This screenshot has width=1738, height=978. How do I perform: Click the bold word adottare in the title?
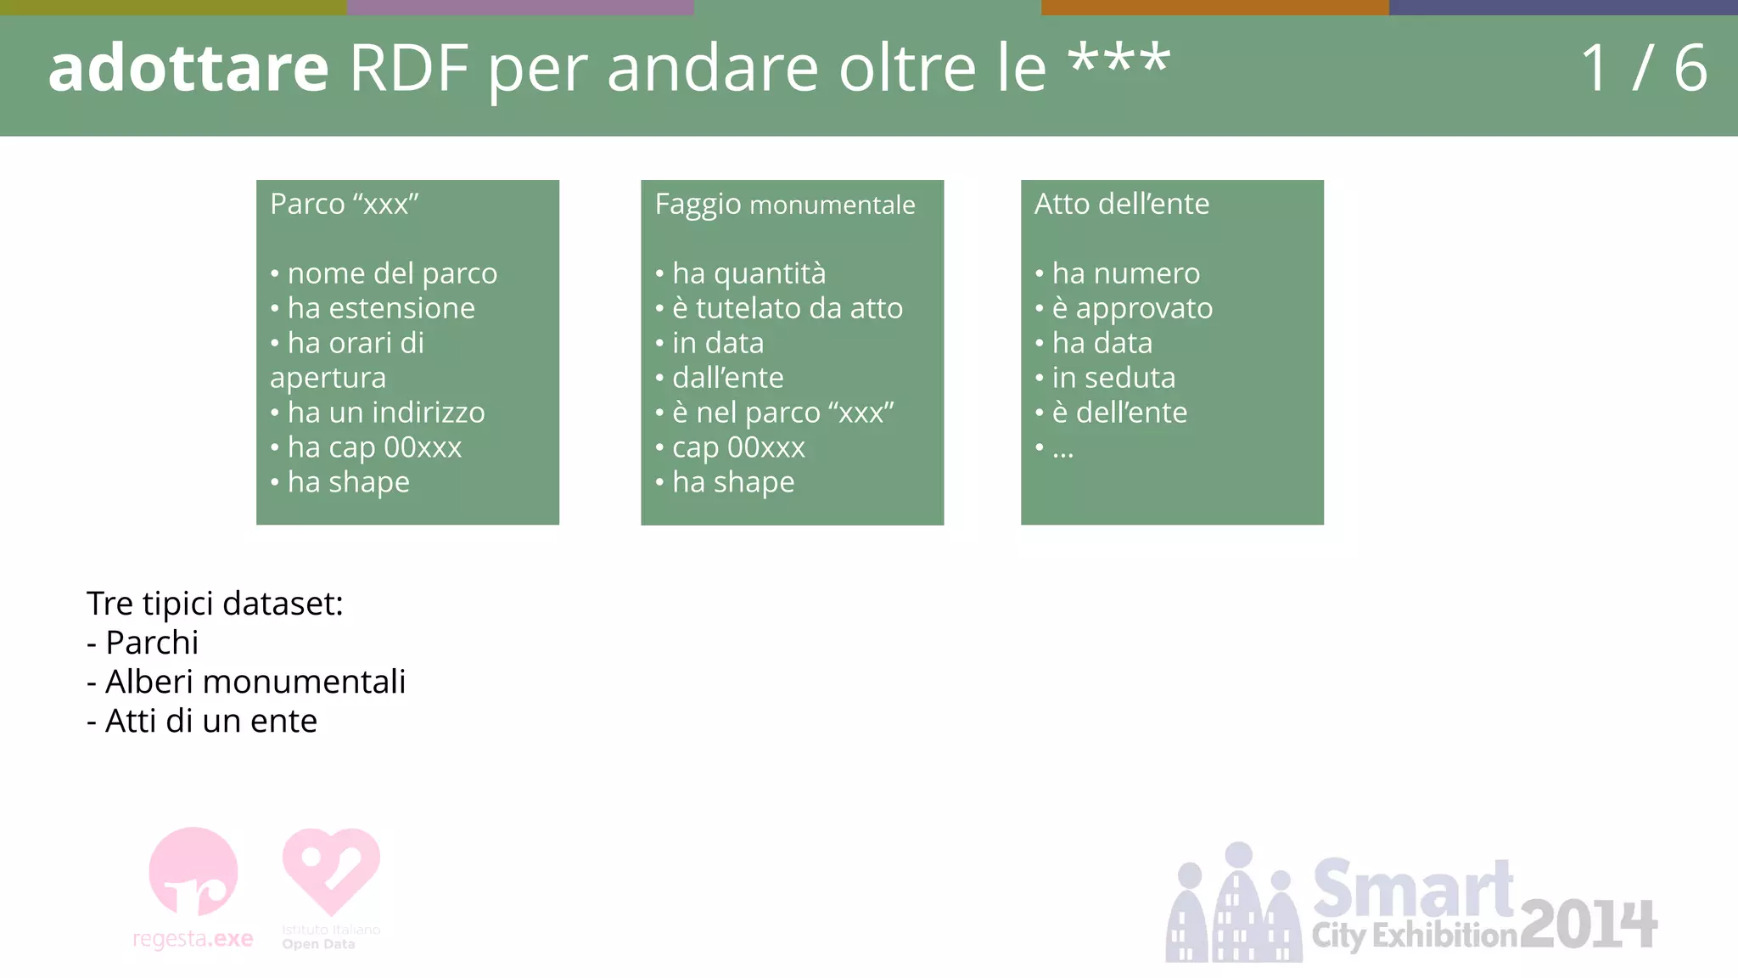(x=188, y=68)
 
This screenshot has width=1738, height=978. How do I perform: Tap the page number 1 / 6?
(x=1643, y=68)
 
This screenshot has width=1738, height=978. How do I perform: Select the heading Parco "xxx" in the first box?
(x=345, y=204)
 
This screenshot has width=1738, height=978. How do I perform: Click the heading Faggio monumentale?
(x=785, y=205)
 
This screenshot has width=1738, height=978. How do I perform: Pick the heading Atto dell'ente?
(x=1121, y=204)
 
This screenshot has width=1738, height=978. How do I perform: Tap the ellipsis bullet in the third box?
(x=1062, y=450)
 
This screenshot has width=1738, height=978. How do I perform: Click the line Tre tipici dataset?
(x=215, y=604)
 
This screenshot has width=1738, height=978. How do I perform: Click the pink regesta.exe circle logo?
(x=193, y=872)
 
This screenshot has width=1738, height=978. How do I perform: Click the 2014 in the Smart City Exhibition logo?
(x=1588, y=925)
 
